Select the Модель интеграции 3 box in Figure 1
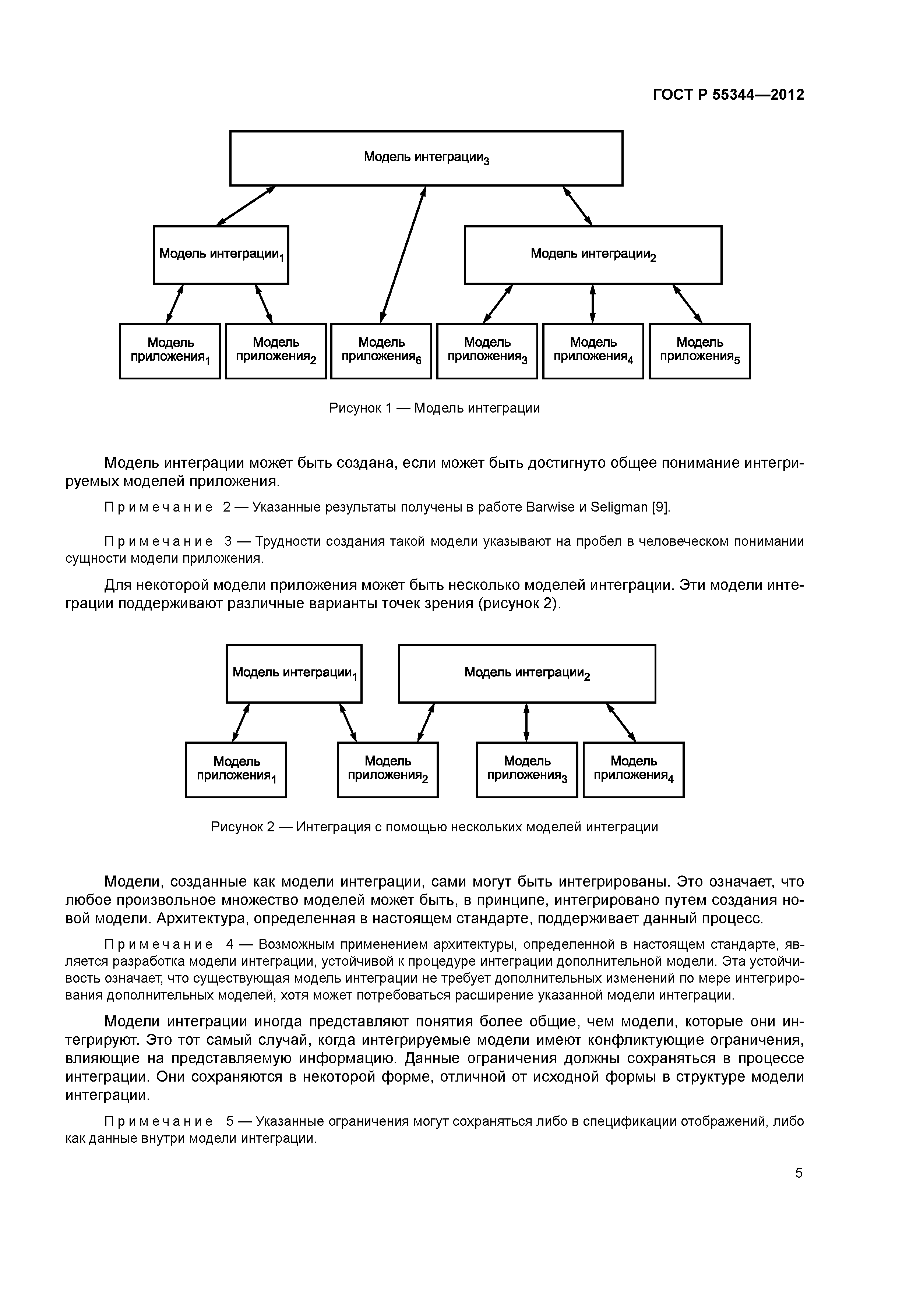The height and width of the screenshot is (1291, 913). (x=426, y=158)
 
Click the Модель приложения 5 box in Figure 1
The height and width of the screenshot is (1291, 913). (x=699, y=350)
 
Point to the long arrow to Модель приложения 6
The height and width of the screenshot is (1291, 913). (x=402, y=254)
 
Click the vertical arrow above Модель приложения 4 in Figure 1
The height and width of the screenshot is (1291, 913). (x=592, y=304)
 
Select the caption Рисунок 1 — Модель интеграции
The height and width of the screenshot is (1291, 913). (x=434, y=408)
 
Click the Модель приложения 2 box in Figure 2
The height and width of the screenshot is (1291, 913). (x=388, y=769)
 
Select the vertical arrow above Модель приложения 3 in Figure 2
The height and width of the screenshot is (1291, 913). (x=526, y=722)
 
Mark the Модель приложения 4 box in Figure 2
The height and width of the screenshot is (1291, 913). (x=634, y=769)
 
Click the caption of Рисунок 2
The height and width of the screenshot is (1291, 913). (x=434, y=827)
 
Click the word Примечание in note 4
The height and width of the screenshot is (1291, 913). (x=159, y=944)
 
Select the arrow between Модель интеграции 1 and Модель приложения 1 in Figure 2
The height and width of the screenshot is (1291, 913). (x=241, y=722)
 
